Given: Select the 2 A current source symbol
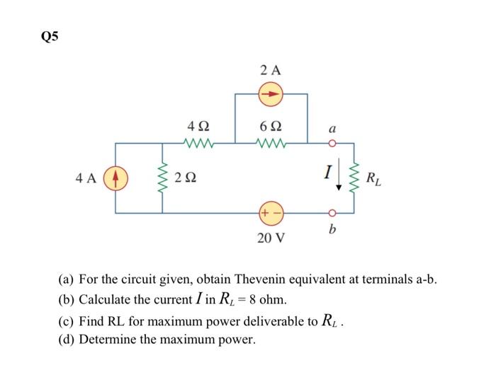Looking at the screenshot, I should [271, 93].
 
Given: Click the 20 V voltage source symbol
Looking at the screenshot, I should [271, 212].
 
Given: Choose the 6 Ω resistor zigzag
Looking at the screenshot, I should [271, 143].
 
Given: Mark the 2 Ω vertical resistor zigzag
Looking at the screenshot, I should [164, 177].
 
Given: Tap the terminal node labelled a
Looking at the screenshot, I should [332, 143].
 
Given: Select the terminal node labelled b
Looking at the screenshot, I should [332, 212].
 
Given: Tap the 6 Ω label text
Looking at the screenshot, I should [271, 126].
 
